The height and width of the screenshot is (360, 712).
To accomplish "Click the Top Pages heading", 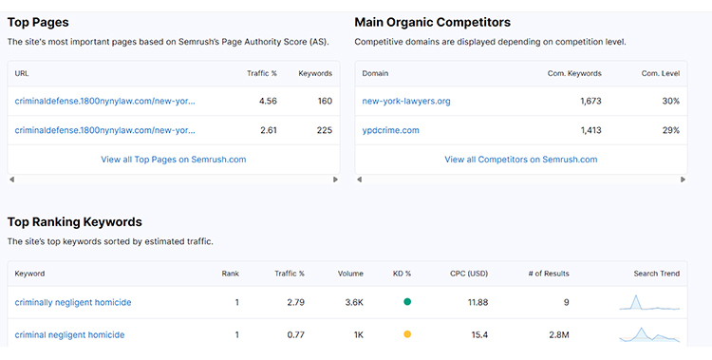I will [x=38, y=22].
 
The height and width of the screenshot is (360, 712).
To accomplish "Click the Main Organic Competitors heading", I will [x=432, y=22].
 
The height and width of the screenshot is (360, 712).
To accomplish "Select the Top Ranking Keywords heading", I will [x=74, y=221].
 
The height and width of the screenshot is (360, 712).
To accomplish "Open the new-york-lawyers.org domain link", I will [x=405, y=101].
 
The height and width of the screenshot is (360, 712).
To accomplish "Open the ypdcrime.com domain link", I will [x=390, y=130].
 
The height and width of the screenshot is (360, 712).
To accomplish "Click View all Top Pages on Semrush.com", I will [x=173, y=160].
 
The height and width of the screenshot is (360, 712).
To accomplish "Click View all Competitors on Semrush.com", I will [x=520, y=160].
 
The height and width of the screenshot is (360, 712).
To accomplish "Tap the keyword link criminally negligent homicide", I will [x=73, y=302].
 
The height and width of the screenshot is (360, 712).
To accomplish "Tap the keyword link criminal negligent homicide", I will [x=69, y=334].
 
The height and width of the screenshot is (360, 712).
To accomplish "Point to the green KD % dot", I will [x=407, y=302].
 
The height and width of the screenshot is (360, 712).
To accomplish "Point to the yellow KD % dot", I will [x=407, y=334].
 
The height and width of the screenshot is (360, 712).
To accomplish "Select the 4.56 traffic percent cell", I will [x=268, y=101].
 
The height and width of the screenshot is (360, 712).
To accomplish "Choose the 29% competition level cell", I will [x=670, y=130].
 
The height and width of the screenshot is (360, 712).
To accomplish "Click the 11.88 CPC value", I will [x=478, y=302].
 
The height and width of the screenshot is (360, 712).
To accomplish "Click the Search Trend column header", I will [x=656, y=274].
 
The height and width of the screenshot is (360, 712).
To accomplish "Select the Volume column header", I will [x=349, y=274].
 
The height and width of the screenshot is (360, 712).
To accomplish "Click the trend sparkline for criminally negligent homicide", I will [x=649, y=302].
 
